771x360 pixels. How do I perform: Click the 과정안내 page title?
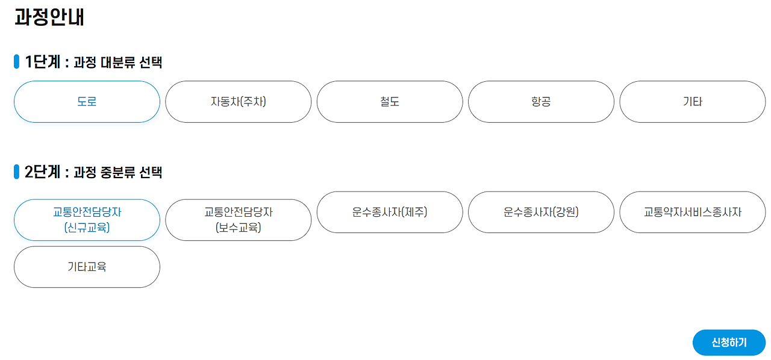tap(49, 17)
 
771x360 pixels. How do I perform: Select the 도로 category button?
tap(87, 102)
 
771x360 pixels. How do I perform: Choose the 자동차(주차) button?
tap(238, 102)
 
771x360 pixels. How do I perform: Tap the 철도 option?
tap(390, 102)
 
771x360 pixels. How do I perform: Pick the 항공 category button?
tap(541, 102)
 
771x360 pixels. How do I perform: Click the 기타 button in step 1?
tap(692, 102)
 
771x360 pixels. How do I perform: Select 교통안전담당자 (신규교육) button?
tap(87, 220)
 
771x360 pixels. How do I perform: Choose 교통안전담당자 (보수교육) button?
tap(238, 220)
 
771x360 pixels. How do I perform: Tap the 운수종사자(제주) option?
tap(390, 212)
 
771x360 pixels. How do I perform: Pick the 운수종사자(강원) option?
tap(541, 212)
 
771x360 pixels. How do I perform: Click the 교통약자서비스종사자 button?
tap(692, 212)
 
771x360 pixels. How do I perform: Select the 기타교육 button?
tap(87, 267)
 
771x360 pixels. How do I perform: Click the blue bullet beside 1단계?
tap(17, 62)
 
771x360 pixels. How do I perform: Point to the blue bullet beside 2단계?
tap(17, 172)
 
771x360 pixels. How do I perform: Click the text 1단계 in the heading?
tap(42, 62)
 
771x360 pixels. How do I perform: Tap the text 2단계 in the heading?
tap(42, 172)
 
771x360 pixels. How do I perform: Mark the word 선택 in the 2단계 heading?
tap(151, 173)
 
